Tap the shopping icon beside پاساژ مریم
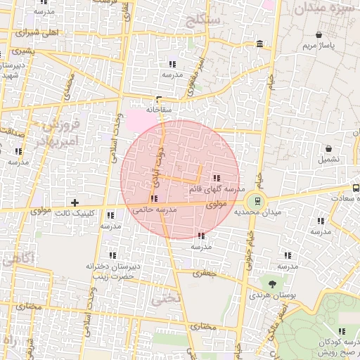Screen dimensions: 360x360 [319, 34]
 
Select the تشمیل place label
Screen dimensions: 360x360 [328, 159]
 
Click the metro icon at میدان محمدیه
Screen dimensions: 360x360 [257, 200]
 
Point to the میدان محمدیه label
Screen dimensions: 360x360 [257, 212]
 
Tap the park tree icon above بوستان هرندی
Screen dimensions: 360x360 [272, 283]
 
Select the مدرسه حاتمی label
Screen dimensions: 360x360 [154, 210]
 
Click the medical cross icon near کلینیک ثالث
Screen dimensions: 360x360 [75, 202]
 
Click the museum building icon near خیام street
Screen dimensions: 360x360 [260, 44]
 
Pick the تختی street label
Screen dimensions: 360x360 [170, 297]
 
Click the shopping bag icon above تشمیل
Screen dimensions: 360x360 [328, 148]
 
